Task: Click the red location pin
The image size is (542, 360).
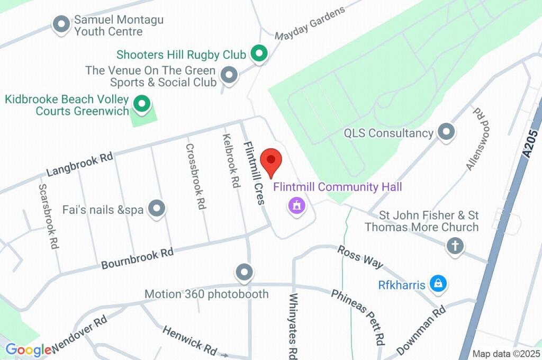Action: pyautogui.click(x=272, y=162)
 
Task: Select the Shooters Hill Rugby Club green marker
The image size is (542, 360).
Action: pyautogui.click(x=259, y=53)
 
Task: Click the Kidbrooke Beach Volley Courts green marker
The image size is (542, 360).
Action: pyautogui.click(x=141, y=104)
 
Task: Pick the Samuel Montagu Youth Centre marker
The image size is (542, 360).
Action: pyautogui.click(x=62, y=24)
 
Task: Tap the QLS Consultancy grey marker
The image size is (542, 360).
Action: pyautogui.click(x=446, y=132)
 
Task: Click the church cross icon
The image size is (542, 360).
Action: pyautogui.click(x=455, y=246)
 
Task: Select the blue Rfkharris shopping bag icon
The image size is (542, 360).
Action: pyautogui.click(x=438, y=284)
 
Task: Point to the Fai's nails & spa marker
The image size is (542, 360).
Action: pyautogui.click(x=156, y=209)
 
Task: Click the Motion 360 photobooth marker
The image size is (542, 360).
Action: pyautogui.click(x=244, y=272)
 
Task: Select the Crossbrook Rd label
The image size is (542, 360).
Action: pyautogui.click(x=195, y=176)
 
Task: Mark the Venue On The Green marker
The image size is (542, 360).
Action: pyautogui.click(x=229, y=76)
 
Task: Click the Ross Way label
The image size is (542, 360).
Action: pyautogui.click(x=360, y=256)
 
